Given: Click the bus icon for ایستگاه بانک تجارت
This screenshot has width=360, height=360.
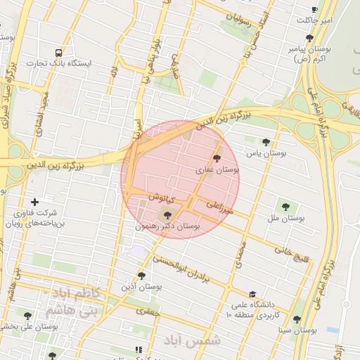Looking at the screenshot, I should [x=58, y=53].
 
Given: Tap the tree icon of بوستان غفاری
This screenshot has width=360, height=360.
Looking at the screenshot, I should [x=216, y=158].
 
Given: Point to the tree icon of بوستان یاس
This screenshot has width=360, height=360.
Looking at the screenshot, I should [x=265, y=141].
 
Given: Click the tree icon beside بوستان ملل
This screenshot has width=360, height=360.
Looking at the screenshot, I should [x=285, y=207].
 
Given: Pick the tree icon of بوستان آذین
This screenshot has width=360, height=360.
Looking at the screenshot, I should [x=141, y=276].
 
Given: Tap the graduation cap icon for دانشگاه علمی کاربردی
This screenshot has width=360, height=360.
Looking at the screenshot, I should [x=252, y=294].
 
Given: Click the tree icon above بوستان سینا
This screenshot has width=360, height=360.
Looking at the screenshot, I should [x=296, y=319].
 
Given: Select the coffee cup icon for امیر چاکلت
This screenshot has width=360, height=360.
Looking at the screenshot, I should [x=314, y=9].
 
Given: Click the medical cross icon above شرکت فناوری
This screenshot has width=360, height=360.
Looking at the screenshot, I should [x=35, y=202].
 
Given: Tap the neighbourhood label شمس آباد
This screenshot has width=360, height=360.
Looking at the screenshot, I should [x=192, y=340].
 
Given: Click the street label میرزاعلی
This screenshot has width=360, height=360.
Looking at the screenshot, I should [x=219, y=207].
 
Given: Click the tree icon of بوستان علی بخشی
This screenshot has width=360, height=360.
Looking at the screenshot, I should [x=28, y=316].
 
